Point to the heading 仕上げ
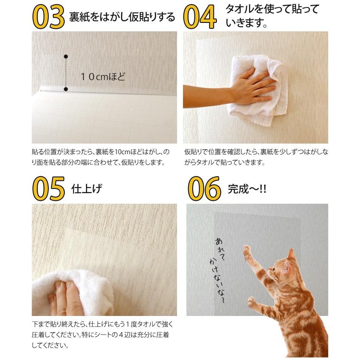pyautogui.click(x=87, y=188)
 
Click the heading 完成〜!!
pyautogui.click(x=247, y=188)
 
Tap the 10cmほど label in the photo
pyautogui.click(x=104, y=77)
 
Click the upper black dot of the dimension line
pyautogui.click(x=66, y=56)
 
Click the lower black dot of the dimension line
pyautogui.click(x=66, y=89)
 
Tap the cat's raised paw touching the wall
pyautogui.click(x=247, y=250)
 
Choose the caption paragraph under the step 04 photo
pyautogui.click(x=256, y=157)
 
